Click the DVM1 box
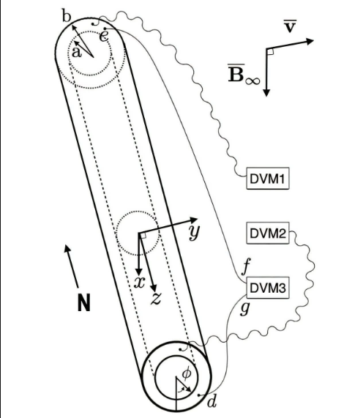pos(268,179)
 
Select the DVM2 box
pos(268,233)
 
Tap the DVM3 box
pos(268,288)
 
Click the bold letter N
pos(84,302)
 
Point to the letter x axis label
pos(140,282)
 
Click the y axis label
pos(194,231)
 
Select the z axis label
pos(156,299)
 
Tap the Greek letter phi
pos(187,373)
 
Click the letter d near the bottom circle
pos(212,402)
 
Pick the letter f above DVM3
pos(246,266)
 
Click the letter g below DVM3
pos(245,308)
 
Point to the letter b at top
pos(67,15)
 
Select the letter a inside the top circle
pos(77,53)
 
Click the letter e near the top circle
pos(104,37)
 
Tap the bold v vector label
pos(290,26)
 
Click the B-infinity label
pos(244,74)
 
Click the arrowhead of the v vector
pos(310,41)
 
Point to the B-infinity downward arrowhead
pos(266,93)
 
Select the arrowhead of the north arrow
pos(67,248)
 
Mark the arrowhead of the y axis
pos(194,220)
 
